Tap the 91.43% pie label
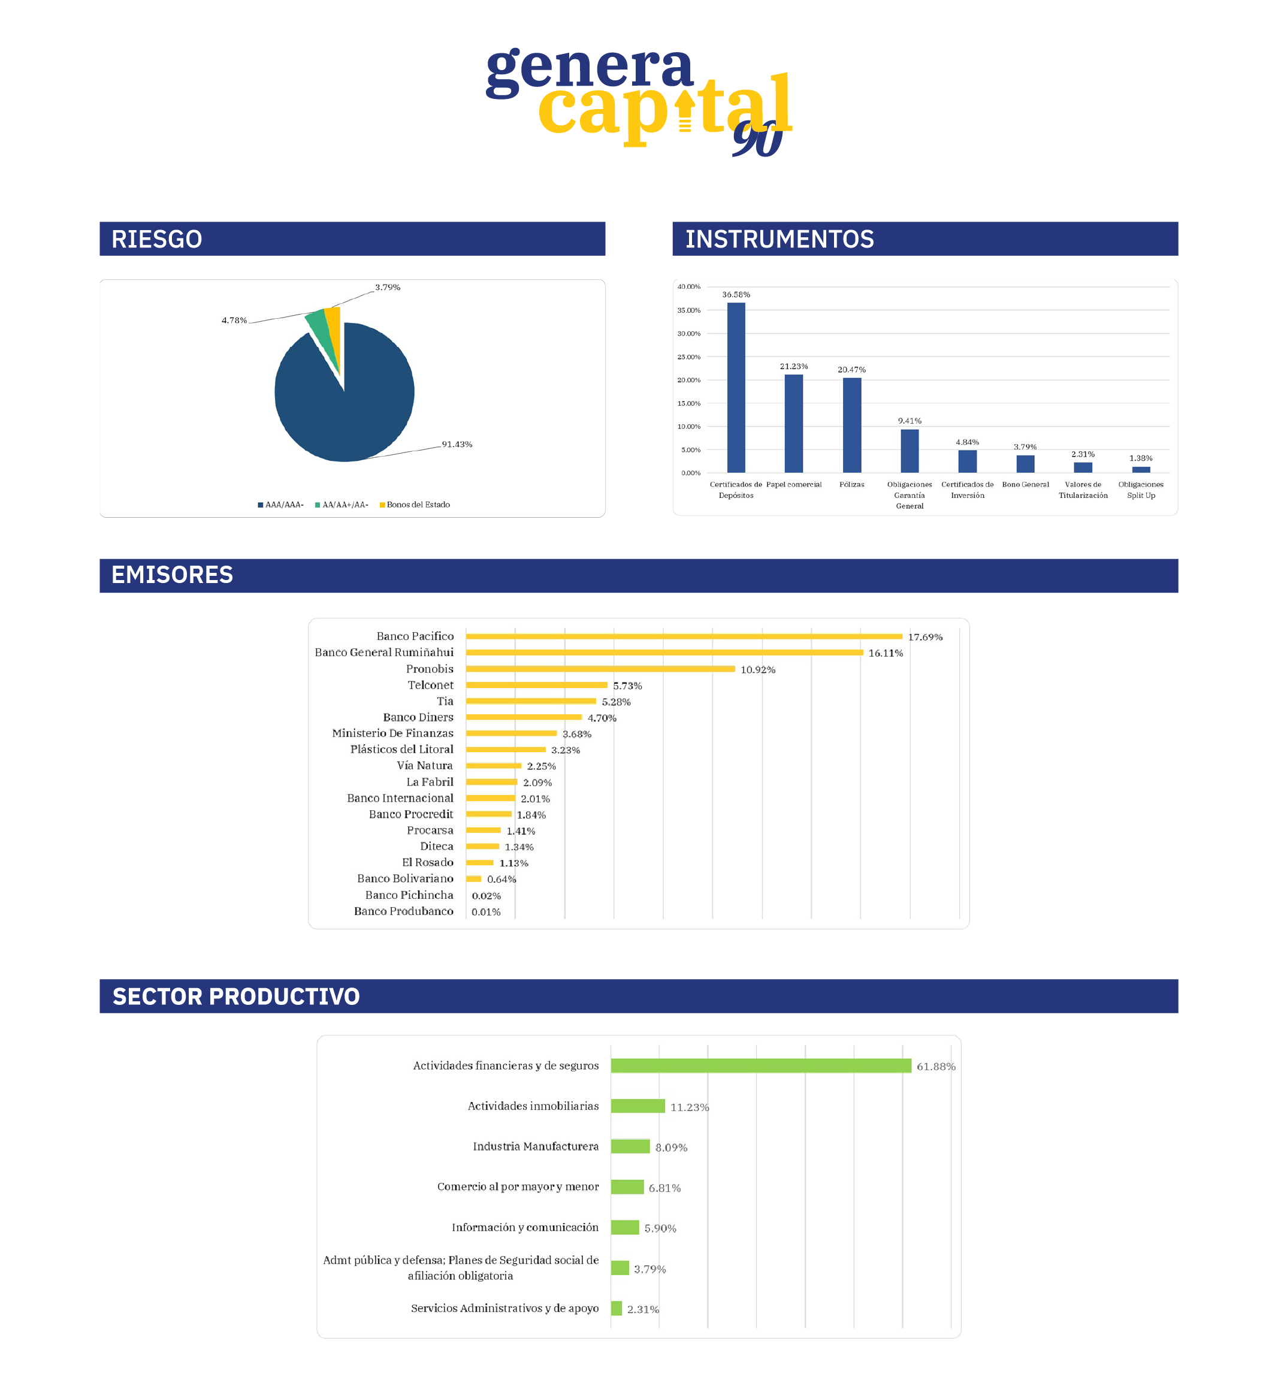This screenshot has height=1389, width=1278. coord(457,444)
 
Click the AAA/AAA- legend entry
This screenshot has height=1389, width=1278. coord(281,505)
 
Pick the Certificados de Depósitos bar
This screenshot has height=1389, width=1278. coord(736,387)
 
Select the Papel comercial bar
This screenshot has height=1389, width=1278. coord(793,423)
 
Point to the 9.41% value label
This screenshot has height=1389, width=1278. coord(910,421)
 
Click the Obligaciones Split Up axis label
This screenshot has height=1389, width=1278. coord(1140,490)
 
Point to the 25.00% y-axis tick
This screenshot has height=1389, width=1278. coord(689,357)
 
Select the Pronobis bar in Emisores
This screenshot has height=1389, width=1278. coord(600,669)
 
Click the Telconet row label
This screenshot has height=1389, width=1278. coord(430,685)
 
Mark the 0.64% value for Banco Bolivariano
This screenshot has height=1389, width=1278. coord(501,879)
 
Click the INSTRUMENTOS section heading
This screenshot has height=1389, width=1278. coord(780,239)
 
